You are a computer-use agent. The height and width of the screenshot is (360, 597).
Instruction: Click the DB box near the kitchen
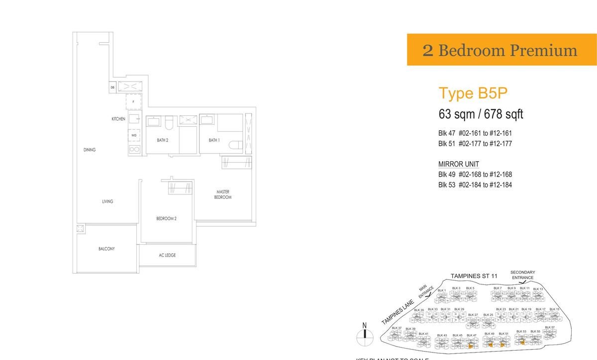pyautogui.click(x=113, y=88)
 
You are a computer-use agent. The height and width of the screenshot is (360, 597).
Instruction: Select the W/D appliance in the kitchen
pyautogui.click(x=134, y=135)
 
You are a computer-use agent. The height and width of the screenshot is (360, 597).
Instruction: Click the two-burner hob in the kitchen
pyautogui.click(x=134, y=149)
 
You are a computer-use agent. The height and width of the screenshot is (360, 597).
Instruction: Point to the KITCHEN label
pyautogui.click(x=118, y=119)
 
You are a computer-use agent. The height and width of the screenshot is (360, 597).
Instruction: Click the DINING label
pyautogui.click(x=90, y=150)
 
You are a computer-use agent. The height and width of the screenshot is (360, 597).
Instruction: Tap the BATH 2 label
pyautogui.click(x=163, y=140)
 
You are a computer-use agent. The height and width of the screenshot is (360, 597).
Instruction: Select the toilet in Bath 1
pyautogui.click(x=235, y=144)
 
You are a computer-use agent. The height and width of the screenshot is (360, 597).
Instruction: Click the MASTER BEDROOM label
pyautogui.click(x=222, y=194)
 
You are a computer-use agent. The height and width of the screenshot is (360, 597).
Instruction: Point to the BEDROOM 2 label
pyautogui.click(x=166, y=218)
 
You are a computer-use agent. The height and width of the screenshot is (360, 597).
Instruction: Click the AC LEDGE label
pyautogui.click(x=167, y=255)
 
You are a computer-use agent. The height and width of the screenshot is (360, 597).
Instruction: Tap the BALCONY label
pyautogui.click(x=106, y=249)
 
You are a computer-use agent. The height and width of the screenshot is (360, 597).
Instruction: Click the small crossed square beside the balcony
pyautogui.click(x=80, y=229)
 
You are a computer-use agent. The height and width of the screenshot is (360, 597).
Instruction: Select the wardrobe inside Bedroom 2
pyautogui.click(x=180, y=188)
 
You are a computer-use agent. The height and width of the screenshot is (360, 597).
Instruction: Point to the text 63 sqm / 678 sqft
pyautogui.click(x=481, y=114)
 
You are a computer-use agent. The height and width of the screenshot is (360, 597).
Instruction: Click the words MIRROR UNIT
pyautogui.click(x=458, y=164)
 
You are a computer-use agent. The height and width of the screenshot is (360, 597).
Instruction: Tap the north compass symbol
pyautogui.click(x=365, y=333)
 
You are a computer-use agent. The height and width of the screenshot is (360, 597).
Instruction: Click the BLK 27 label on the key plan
pyautogui.click(x=473, y=315)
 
